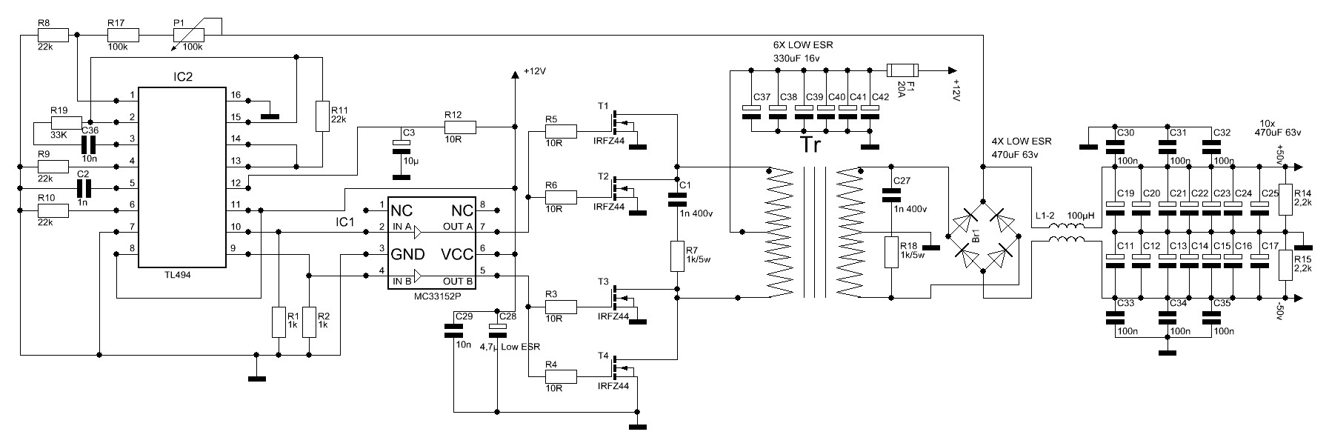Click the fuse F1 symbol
pos(903,70)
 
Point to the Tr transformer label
pos(813,144)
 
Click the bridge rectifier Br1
pos(983,236)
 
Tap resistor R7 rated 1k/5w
pos(677,256)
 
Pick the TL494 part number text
pos(181,274)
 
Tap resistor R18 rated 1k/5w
pos(892,253)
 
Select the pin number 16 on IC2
pos(236,95)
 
